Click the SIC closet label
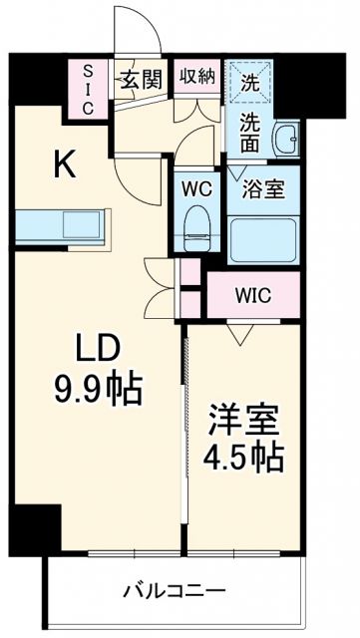(x=89, y=91)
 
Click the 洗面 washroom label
(x=250, y=131)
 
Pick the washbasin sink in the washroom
(x=286, y=141)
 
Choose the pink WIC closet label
(x=253, y=294)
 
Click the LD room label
(x=96, y=348)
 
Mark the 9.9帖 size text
(x=97, y=387)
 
